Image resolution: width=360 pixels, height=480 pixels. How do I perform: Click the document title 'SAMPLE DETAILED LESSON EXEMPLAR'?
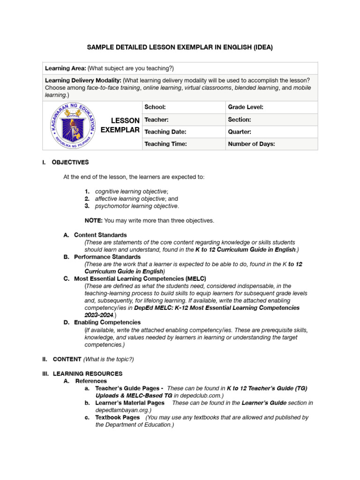point(180,47)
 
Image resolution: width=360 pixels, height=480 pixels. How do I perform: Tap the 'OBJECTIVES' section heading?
point(70,162)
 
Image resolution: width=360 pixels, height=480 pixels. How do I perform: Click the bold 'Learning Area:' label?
point(65,68)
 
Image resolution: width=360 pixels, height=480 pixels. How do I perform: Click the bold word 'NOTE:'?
point(93,220)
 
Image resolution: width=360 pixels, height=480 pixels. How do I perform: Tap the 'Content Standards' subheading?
point(100,235)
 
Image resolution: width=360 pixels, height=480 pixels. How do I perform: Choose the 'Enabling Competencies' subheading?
point(107,322)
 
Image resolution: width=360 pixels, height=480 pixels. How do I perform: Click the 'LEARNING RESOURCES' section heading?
point(88,374)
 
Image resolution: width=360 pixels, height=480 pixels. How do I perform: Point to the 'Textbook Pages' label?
point(117,417)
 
